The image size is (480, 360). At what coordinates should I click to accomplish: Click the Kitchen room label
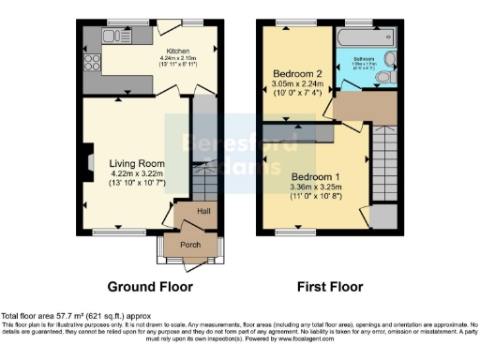[178, 52]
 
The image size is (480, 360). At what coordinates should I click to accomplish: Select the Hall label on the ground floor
[203, 209]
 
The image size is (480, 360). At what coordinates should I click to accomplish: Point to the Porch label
[190, 245]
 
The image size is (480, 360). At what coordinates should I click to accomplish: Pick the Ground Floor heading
[150, 287]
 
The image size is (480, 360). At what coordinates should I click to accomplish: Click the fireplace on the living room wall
[87, 160]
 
